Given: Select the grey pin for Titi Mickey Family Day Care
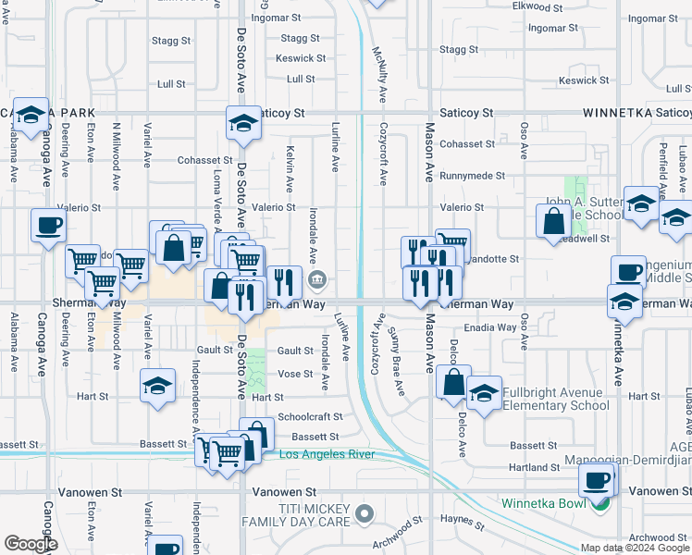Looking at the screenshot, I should coord(365,512).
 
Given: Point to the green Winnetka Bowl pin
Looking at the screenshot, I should coord(601,503).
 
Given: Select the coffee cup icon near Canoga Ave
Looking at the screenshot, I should coord(48,224).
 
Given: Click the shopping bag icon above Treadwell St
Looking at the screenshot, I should coord(553,221).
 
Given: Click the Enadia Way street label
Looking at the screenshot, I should coord(491,327).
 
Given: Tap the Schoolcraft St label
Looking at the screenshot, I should coord(310,417).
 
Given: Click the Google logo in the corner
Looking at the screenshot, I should coord(31,545).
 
